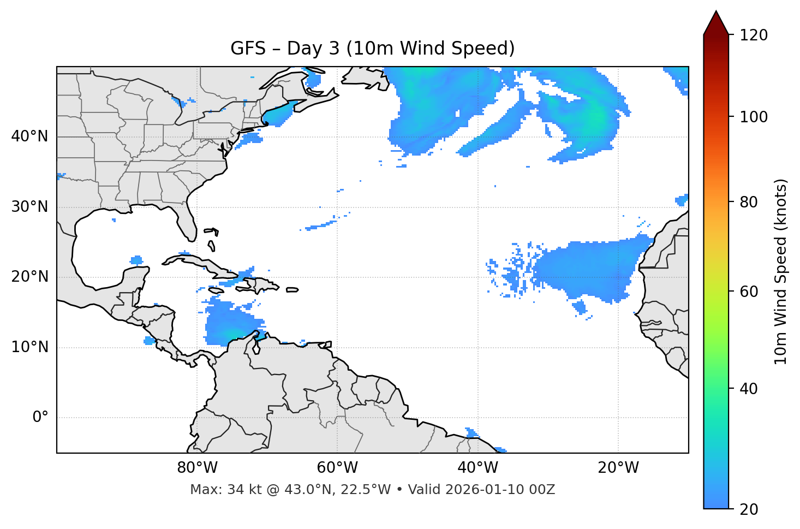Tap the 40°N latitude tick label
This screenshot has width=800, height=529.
pos(29,136)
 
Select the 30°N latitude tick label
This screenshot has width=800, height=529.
pos(29,207)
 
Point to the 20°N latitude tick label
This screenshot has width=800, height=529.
pos(29,277)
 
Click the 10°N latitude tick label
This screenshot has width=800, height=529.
pos(29,347)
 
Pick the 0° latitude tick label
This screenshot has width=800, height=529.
pos(40,418)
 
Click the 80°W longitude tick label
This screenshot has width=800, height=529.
pos(197,468)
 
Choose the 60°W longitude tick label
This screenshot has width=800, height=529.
pos(337,468)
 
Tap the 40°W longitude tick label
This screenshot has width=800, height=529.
pos(477,468)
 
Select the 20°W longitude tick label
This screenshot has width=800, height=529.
pos(618,468)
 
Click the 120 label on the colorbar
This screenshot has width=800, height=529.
pos(754,35)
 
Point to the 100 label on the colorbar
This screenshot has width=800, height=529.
pos(754,117)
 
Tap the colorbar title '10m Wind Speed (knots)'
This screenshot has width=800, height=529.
pos(781,271)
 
